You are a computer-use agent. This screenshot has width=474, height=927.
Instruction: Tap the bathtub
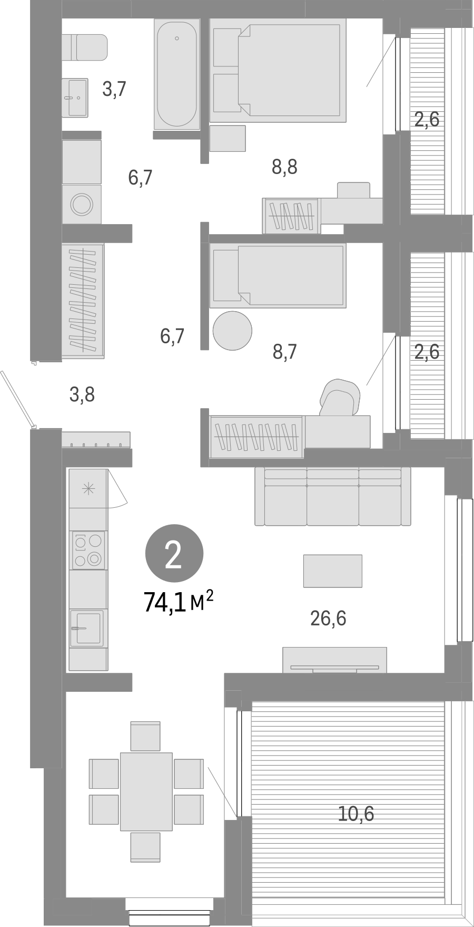point(176,74)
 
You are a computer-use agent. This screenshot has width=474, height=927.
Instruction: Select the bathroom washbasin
point(75,97)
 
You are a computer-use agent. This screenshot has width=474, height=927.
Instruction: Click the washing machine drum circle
point(82,204)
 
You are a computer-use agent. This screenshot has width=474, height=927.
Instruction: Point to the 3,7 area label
point(114,89)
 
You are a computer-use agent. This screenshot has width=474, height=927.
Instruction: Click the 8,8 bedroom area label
point(285,167)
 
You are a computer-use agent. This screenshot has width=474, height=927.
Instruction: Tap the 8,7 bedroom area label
point(285,351)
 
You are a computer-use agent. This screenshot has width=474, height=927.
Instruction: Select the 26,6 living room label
point(328,618)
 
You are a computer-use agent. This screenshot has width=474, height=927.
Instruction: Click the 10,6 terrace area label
point(356,814)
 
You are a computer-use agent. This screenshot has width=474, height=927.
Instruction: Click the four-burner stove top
point(88,549)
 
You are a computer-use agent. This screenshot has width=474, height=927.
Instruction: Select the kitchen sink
point(87,627)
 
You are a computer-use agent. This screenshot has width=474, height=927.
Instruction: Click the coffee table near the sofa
point(332,571)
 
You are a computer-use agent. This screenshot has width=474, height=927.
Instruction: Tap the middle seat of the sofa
point(332,504)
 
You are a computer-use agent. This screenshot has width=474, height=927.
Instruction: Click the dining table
point(146,791)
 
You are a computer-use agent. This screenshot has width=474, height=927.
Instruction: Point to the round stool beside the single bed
point(232,330)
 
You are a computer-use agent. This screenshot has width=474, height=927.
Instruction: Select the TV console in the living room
point(334,660)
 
